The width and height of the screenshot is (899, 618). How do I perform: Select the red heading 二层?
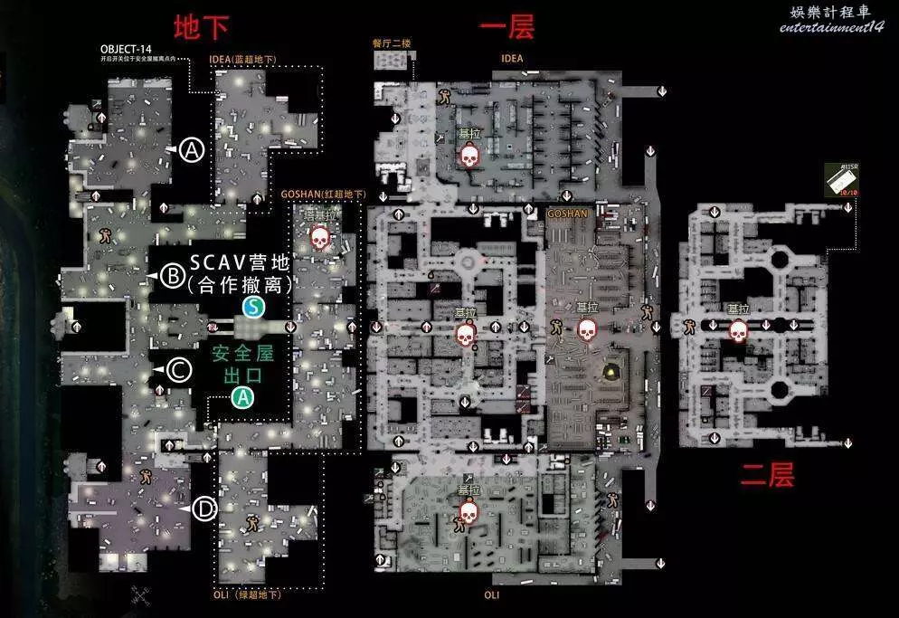tap(767, 474)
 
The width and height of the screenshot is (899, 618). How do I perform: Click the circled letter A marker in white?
tap(192, 150)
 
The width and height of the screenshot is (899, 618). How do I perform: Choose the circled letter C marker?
tap(179, 369)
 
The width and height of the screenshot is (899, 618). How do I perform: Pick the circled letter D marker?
tap(205, 510)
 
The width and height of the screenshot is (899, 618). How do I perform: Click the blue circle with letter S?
tap(255, 308)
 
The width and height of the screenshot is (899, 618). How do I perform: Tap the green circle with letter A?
tap(242, 396)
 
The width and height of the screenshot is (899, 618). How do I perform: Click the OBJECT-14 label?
tap(126, 49)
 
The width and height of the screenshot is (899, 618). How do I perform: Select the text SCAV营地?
tap(239, 263)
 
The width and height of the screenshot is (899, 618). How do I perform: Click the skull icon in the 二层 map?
tap(738, 331)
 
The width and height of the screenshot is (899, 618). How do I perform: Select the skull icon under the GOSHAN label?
tap(587, 329)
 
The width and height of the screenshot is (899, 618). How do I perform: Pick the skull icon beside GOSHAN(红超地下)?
tap(319, 238)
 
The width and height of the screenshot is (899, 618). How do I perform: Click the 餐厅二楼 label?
tap(391, 43)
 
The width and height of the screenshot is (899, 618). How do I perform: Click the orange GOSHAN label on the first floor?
tap(567, 214)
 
